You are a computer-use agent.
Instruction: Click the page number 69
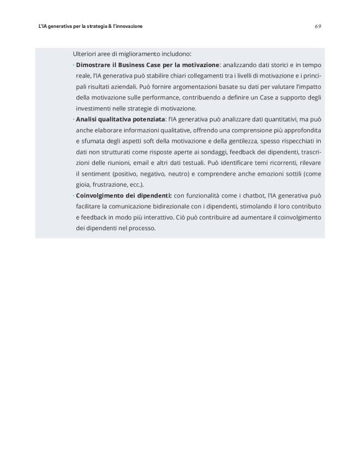[x=317, y=27]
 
